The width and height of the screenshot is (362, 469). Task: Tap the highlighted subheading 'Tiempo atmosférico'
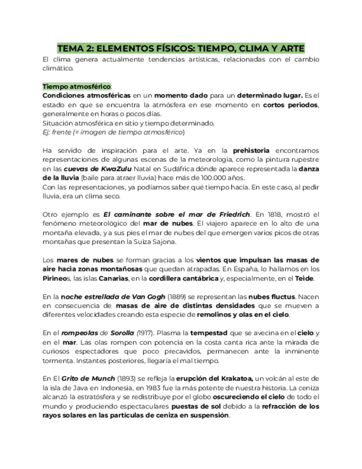(76, 87)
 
